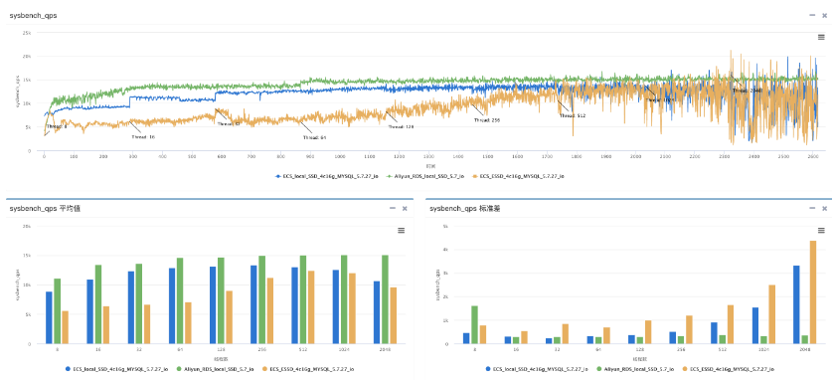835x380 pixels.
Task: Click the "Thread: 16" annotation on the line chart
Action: click(x=143, y=136)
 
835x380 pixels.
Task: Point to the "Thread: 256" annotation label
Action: click(x=487, y=120)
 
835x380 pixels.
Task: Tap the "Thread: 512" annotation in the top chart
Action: click(x=573, y=115)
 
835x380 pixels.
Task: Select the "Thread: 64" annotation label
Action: click(x=316, y=137)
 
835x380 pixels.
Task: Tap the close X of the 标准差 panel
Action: click(x=822, y=209)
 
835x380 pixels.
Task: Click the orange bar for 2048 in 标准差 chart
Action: click(x=813, y=292)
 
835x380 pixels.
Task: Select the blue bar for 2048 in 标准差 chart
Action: click(x=796, y=304)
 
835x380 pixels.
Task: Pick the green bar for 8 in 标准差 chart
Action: click(x=474, y=324)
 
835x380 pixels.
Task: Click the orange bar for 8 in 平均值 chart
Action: click(x=66, y=327)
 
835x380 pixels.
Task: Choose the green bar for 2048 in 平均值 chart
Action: click(x=385, y=299)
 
